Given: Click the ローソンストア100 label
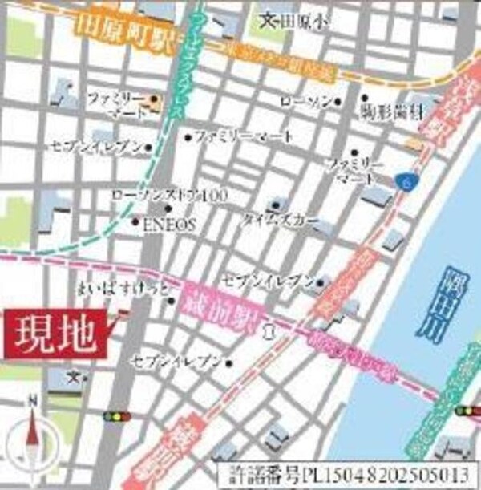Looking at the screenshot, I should [x=160, y=196].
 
